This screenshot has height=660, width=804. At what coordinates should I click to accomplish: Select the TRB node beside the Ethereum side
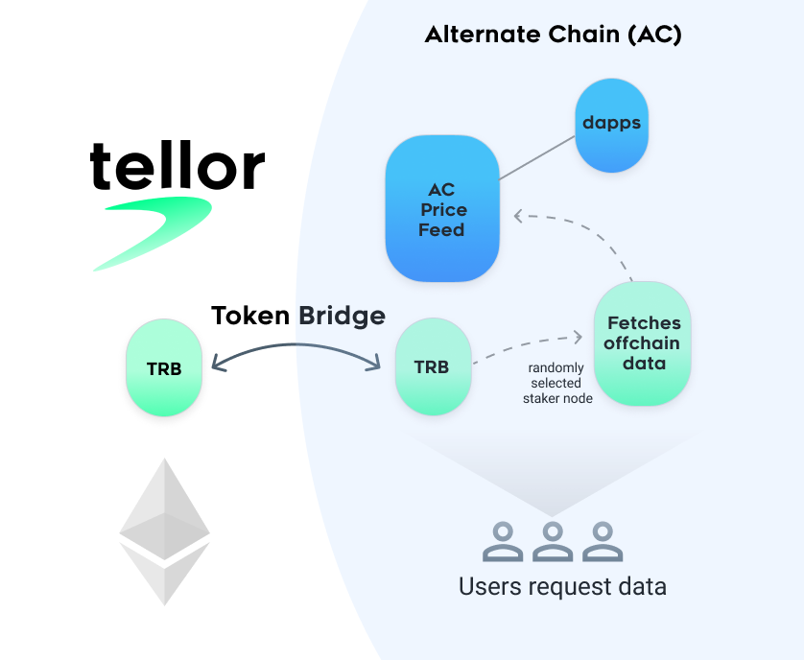tap(163, 367)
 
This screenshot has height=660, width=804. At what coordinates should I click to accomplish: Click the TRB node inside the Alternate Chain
tap(433, 367)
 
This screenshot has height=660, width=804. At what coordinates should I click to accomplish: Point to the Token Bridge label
tap(297, 316)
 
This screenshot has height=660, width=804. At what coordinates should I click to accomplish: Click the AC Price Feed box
tap(442, 209)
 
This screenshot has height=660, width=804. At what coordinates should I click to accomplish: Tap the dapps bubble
tap(611, 125)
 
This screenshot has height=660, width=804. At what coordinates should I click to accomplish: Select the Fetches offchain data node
tap(642, 342)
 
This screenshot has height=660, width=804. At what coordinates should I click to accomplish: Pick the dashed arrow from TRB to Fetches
tap(528, 346)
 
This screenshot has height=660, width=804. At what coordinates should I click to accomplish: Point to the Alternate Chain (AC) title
tap(553, 35)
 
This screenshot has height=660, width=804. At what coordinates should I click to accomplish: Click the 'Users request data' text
tap(562, 585)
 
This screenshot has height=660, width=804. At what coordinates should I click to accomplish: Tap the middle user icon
tap(552, 541)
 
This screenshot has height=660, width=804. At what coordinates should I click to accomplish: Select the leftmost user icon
tap(503, 541)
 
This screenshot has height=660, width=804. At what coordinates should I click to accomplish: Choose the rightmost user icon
tap(601, 541)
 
